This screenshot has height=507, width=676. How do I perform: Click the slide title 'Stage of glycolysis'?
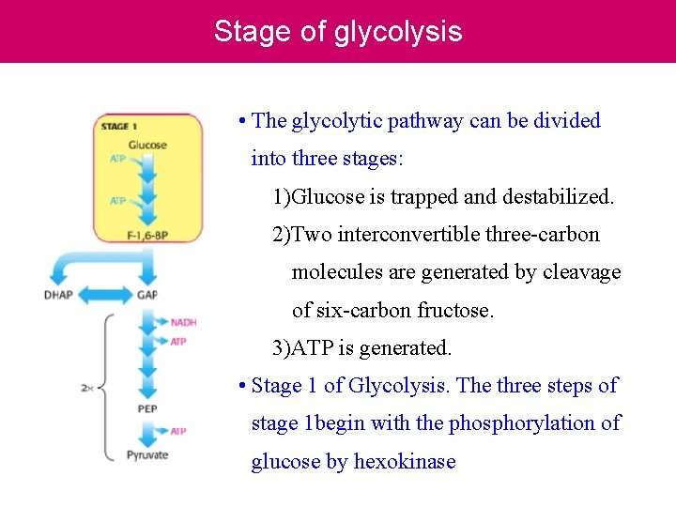pos(338,31)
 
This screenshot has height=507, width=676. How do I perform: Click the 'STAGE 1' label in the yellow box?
pos(119,126)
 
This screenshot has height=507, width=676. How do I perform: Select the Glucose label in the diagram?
pos(147,145)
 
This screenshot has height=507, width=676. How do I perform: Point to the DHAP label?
pos(58,295)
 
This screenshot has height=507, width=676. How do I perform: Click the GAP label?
pos(147,295)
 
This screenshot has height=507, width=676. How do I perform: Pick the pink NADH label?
pos(184,323)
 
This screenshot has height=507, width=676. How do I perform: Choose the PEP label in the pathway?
pos(147,409)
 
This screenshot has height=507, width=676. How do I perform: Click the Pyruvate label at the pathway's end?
pos(147,455)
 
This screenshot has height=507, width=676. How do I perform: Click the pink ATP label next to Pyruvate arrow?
pos(178,432)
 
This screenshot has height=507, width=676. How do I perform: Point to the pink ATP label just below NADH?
pos(178,342)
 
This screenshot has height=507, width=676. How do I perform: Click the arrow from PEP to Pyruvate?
pos(147,432)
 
